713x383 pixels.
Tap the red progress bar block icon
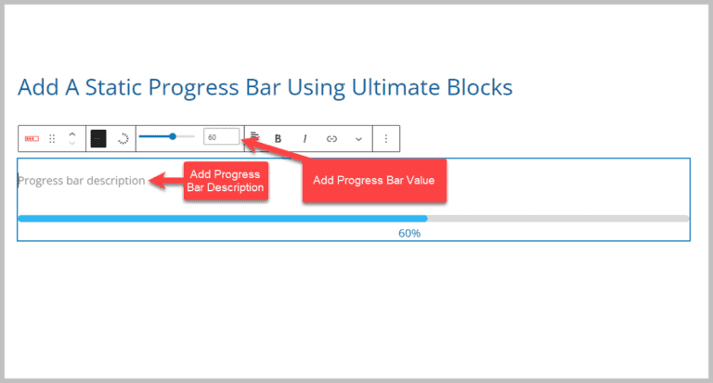coord(32,138)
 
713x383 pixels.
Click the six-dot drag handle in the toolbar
coord(52,138)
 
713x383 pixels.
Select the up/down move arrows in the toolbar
coord(72,138)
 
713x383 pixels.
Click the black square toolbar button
coord(98,138)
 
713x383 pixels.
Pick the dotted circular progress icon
coord(123,138)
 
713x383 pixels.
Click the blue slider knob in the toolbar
coord(173,137)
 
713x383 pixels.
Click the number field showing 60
coord(221,137)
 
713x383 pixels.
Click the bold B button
coord(278,138)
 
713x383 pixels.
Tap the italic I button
coord(304,138)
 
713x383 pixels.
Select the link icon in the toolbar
coord(331,138)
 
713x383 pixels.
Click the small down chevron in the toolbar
coord(358,138)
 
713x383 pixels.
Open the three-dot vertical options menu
coord(386,138)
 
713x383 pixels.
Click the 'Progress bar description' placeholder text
coord(82,181)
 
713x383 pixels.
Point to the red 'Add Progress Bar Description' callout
coord(227,180)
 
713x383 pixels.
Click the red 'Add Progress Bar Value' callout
coord(375,180)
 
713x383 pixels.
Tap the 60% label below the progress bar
coord(409,234)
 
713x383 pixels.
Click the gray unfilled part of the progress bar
coord(557,219)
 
